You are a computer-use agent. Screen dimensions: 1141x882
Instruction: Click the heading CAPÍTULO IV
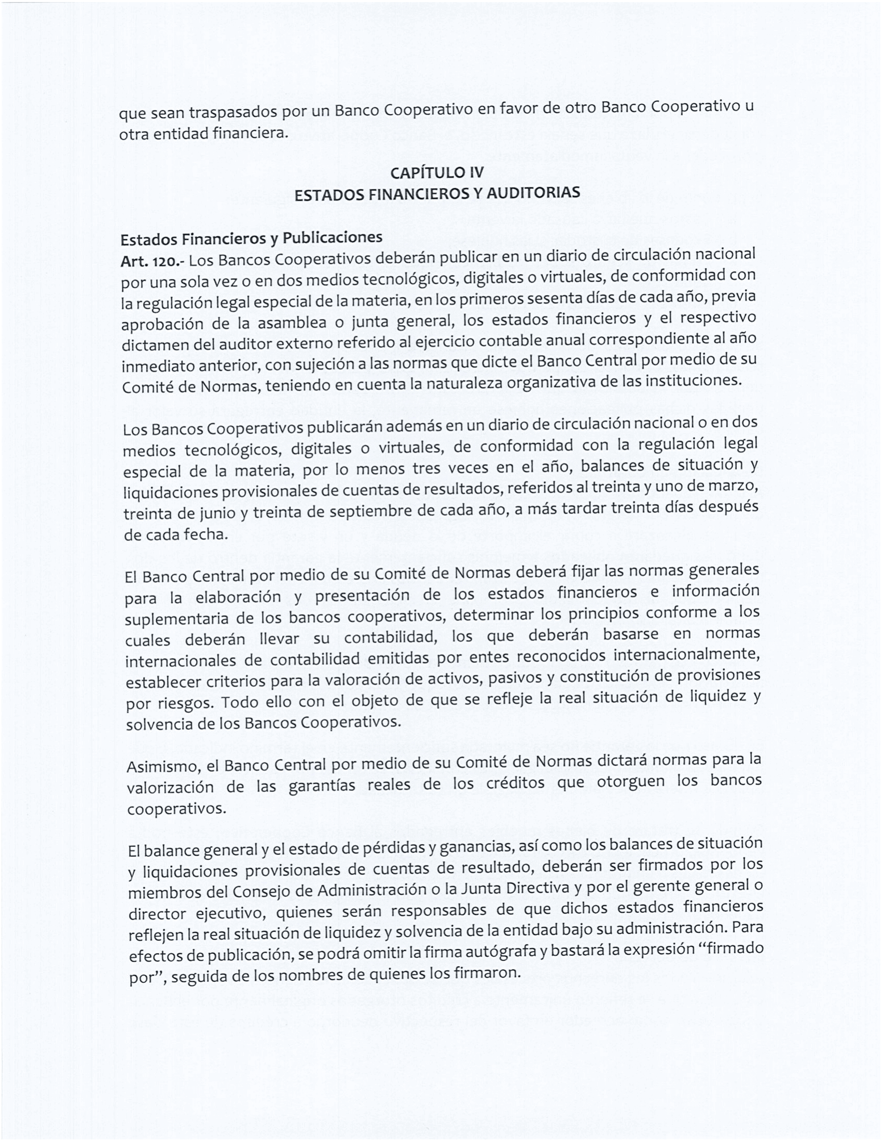[437, 172]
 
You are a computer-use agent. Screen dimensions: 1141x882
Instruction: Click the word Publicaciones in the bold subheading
[333, 238]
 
